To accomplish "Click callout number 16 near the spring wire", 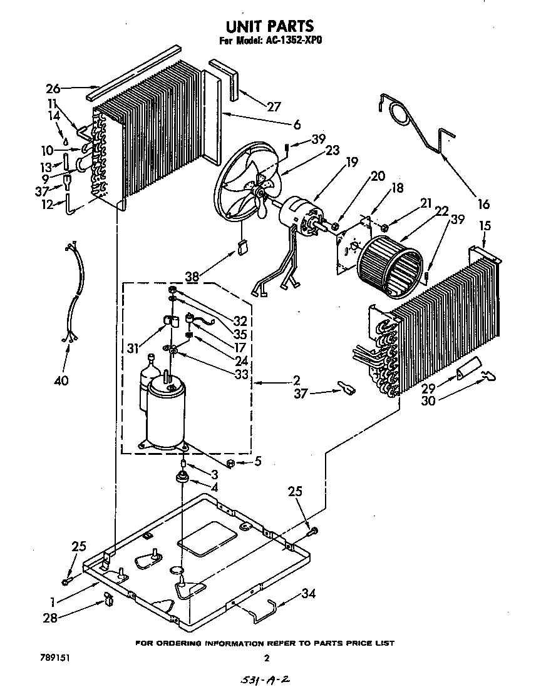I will (483, 204).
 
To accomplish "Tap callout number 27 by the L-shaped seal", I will (274, 106).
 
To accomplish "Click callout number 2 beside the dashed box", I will (296, 380).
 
